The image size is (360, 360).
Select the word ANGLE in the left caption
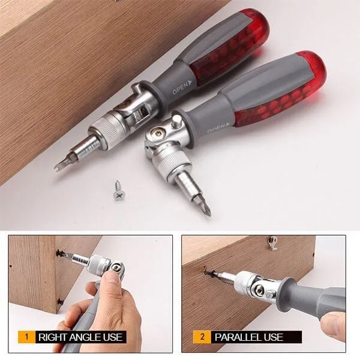pos(88,337)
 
